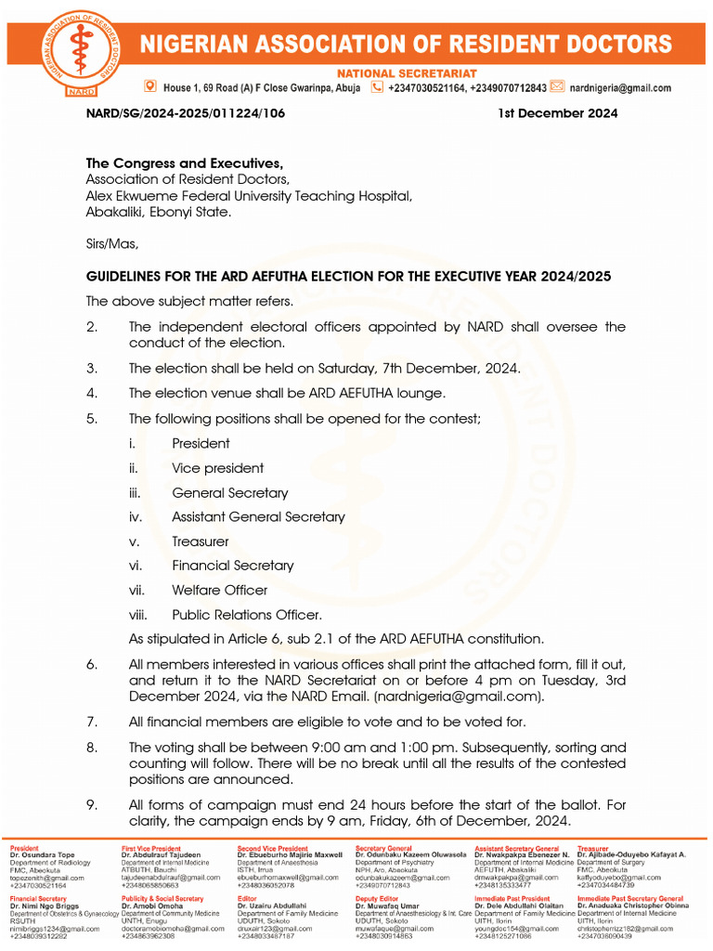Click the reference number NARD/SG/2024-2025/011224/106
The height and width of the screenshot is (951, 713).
tap(186, 113)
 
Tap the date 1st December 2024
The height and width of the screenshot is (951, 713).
tap(558, 113)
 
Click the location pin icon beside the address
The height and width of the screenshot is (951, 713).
tap(150, 87)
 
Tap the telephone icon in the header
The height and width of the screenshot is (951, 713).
tap(377, 87)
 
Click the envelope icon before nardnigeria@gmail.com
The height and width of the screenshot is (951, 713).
tap(557, 87)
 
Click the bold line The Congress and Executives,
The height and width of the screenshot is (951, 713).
tap(171, 163)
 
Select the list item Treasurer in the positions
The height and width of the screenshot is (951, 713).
tap(200, 541)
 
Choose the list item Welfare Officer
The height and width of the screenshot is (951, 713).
tap(219, 590)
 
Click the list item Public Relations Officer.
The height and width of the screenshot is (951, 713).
tap(247, 615)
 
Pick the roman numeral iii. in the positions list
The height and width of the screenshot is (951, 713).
tap(135, 493)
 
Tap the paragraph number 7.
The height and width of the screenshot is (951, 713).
tap(91, 722)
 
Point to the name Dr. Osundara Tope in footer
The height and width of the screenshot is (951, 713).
tap(43, 855)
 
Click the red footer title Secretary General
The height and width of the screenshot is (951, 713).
tap(383, 848)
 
